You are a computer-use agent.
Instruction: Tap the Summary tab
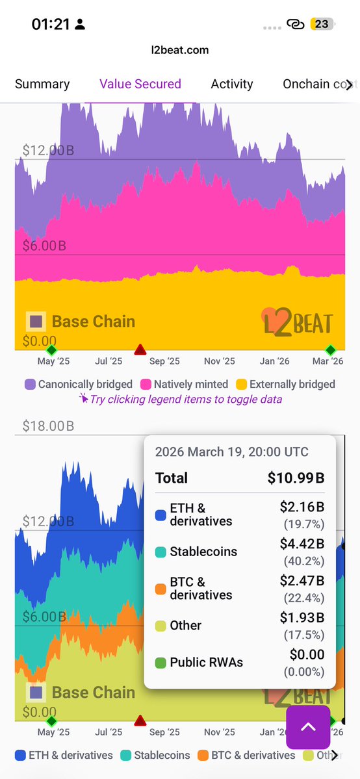(x=42, y=84)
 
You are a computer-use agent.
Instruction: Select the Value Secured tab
(x=140, y=84)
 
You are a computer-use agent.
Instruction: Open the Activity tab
(x=232, y=84)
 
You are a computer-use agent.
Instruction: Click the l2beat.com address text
(x=180, y=50)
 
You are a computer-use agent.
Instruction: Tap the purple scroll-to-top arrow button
(x=308, y=727)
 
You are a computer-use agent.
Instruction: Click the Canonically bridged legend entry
(x=79, y=384)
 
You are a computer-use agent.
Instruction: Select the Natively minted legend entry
(x=184, y=384)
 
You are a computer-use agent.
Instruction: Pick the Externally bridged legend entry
(x=285, y=384)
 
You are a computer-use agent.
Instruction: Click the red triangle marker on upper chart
(x=140, y=350)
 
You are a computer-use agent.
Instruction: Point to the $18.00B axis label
(x=48, y=426)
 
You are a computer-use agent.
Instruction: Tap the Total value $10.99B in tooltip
(x=296, y=478)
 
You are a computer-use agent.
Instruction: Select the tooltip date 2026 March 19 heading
(x=232, y=452)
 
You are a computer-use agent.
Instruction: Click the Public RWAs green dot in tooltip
(x=161, y=663)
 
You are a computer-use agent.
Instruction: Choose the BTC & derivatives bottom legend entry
(x=247, y=756)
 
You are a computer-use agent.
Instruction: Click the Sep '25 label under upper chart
(x=164, y=361)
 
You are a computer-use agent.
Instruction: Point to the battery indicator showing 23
(x=321, y=24)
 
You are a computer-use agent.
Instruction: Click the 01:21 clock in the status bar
(x=51, y=24)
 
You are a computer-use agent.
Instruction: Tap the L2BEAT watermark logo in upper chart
(x=298, y=322)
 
